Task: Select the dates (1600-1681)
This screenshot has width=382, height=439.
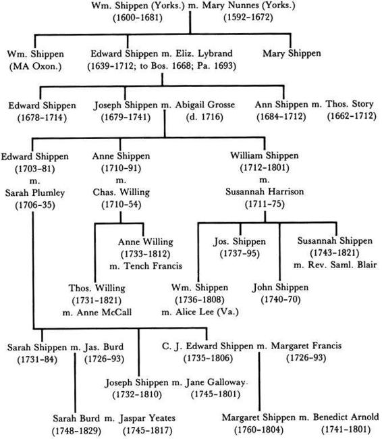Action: (x=138, y=18)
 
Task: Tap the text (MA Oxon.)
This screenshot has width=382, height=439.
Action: (x=35, y=66)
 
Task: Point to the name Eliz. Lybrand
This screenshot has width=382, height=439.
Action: (x=204, y=53)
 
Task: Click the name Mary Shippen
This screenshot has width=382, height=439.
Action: (x=292, y=53)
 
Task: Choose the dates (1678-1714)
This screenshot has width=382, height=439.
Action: (x=42, y=118)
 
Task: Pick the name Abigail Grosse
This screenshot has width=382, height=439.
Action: (x=205, y=105)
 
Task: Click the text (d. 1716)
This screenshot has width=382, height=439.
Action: (x=204, y=117)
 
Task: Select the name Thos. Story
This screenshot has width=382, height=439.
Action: (x=350, y=104)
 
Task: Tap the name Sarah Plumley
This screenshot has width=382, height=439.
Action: (x=34, y=193)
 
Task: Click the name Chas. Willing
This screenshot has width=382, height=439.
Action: (x=121, y=192)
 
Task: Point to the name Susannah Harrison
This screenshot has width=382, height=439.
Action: (x=265, y=192)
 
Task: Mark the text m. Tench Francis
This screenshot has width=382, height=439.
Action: (x=146, y=265)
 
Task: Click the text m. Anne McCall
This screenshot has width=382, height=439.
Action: (x=97, y=312)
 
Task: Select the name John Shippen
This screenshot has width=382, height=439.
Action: (x=280, y=287)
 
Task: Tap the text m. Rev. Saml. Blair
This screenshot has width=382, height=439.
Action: (x=335, y=265)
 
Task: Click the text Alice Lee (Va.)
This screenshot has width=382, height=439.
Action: (x=207, y=311)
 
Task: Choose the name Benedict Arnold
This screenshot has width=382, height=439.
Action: (x=346, y=417)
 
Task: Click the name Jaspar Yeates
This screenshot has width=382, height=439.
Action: (x=148, y=418)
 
